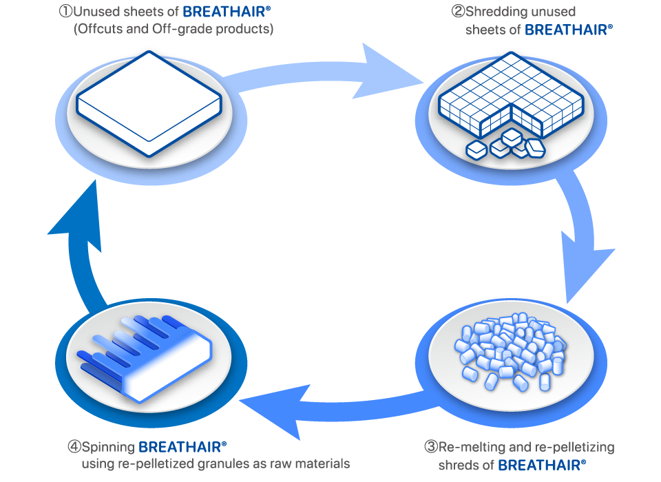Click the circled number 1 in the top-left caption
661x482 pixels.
66,12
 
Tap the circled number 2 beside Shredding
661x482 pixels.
459,12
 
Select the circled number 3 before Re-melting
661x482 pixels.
431,446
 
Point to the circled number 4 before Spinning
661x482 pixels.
74,446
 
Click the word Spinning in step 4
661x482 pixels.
108,447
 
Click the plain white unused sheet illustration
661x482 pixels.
149,104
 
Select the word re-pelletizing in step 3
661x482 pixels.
574,447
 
